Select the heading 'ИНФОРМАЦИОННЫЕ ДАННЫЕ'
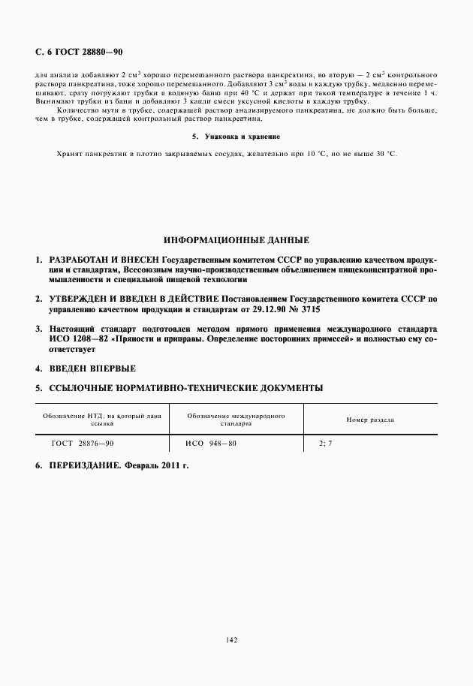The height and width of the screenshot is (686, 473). pyautogui.click(x=236, y=241)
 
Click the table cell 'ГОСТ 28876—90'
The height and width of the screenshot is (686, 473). pyautogui.click(x=83, y=444)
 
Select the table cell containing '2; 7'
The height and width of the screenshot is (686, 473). pyautogui.click(x=325, y=444)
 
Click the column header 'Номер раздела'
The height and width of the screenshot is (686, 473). pyautogui.click(x=370, y=420)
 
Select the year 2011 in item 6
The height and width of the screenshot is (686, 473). pyautogui.click(x=166, y=465)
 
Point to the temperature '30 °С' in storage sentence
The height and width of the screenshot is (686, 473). pyautogui.click(x=384, y=153)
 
